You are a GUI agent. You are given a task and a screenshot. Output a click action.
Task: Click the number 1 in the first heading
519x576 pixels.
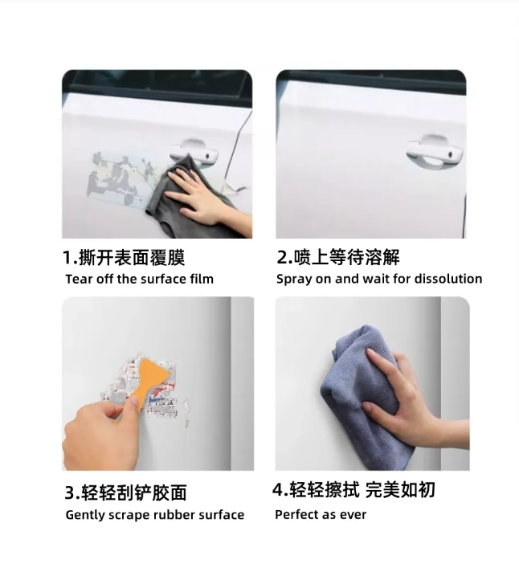tap(68, 258)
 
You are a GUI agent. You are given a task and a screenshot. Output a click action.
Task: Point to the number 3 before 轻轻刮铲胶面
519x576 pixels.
tap(70, 492)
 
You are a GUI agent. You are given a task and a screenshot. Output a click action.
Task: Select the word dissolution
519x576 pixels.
tap(448, 280)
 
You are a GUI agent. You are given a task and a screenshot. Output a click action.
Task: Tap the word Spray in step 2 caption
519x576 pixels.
tap(293, 280)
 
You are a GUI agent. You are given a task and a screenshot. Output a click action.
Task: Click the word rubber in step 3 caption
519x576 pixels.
tap(170, 515)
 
